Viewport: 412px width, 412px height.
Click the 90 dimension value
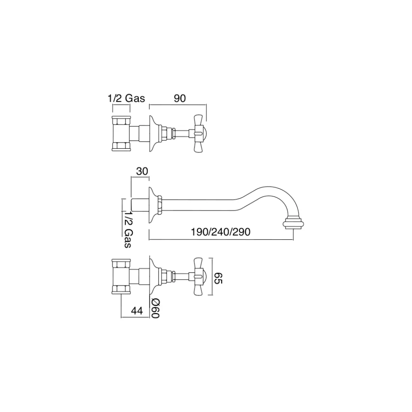pyautogui.click(x=180, y=98)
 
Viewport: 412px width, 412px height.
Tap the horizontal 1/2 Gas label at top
pyautogui.click(x=126, y=98)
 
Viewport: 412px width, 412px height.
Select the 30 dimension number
pyautogui.click(x=142, y=171)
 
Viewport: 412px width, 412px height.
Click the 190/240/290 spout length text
pyautogui.click(x=220, y=232)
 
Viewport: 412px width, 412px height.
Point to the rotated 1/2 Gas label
pyautogui.click(x=128, y=229)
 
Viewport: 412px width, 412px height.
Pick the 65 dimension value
pyautogui.click(x=218, y=278)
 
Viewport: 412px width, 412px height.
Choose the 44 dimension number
pyautogui.click(x=137, y=311)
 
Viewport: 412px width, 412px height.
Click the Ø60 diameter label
pyautogui.click(x=155, y=309)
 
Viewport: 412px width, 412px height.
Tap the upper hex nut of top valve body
pyautogui.click(x=121, y=121)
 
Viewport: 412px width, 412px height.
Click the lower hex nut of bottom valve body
pyautogui.click(x=121, y=289)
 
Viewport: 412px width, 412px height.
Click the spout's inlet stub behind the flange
pyautogui.click(x=140, y=205)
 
